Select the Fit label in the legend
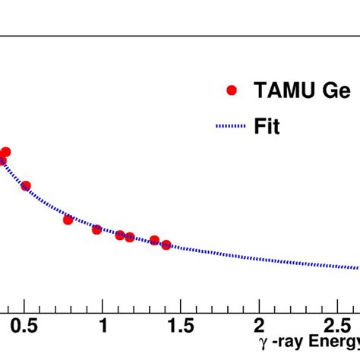point(267,127)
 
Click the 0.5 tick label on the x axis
point(25,327)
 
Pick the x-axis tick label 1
point(103,327)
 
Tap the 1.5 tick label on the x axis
point(180,327)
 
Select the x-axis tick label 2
point(258,327)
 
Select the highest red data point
point(5,152)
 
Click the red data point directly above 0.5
point(26,186)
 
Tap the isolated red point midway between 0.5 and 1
point(68,219)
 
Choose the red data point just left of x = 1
point(96,229)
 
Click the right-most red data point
point(166,245)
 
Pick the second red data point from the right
point(154,240)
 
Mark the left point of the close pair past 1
point(120,235)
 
